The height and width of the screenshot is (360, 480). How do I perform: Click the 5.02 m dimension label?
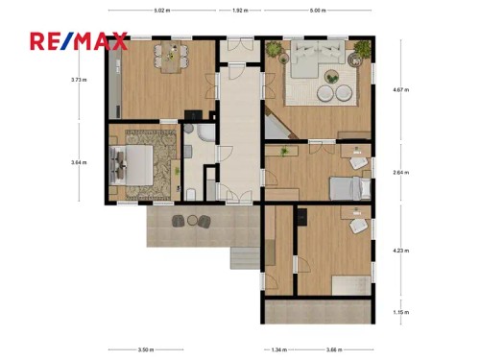(161, 10)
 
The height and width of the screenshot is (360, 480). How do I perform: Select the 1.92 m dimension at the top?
(240, 10)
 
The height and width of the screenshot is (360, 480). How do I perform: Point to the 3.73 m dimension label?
(78, 80)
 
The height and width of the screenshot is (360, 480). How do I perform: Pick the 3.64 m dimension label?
(78, 162)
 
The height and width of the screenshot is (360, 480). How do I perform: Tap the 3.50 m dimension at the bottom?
(145, 350)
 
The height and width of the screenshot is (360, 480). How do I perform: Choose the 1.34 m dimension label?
(278, 350)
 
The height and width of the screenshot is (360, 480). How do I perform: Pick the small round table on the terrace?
(190, 222)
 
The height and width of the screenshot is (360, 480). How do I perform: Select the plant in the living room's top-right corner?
(360, 53)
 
